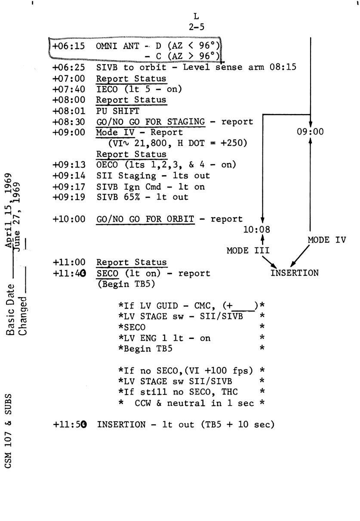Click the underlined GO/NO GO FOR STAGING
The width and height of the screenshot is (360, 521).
[x=151, y=122]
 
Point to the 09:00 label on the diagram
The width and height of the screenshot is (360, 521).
[x=310, y=133]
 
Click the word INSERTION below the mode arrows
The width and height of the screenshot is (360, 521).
[x=295, y=273]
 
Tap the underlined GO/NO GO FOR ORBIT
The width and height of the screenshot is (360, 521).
[x=145, y=219]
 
